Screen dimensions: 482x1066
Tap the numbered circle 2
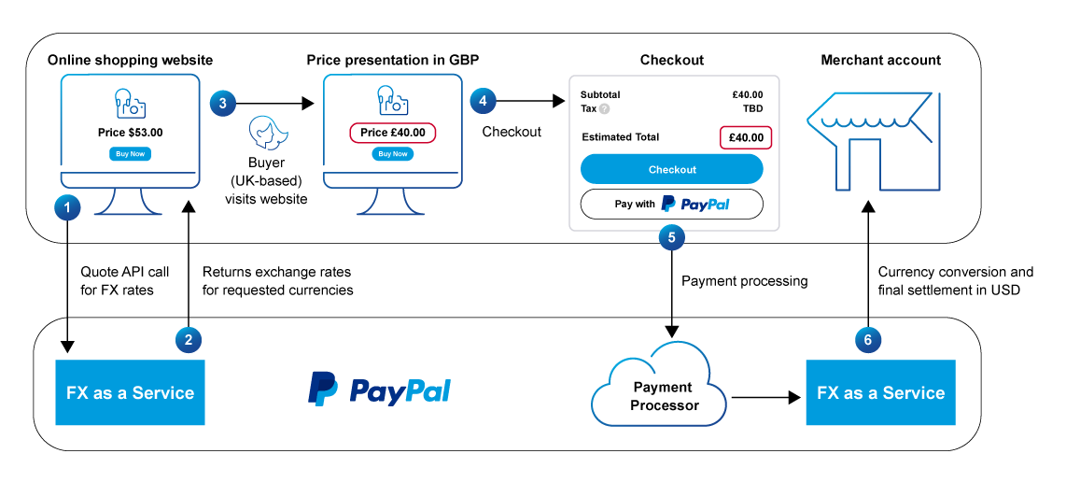[189, 340]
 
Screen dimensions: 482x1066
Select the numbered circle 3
[222, 104]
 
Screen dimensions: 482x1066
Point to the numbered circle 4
[483, 100]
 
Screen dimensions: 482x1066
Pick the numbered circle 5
[671, 237]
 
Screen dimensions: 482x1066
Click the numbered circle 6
[868, 340]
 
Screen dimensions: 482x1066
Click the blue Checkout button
[672, 169]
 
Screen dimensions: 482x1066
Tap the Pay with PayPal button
[672, 204]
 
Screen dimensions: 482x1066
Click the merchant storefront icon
[868, 141]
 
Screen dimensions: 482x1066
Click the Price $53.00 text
[130, 133]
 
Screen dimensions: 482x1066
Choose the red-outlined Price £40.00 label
[393, 133]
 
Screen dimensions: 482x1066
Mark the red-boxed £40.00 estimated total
[746, 137]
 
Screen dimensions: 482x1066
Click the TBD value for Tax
[752, 108]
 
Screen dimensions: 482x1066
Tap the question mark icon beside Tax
[604, 108]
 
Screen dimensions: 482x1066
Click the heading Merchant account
[880, 60]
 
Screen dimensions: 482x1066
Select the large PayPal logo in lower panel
[379, 390]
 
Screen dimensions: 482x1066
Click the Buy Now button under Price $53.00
[130, 154]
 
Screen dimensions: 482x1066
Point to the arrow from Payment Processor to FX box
[765, 397]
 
